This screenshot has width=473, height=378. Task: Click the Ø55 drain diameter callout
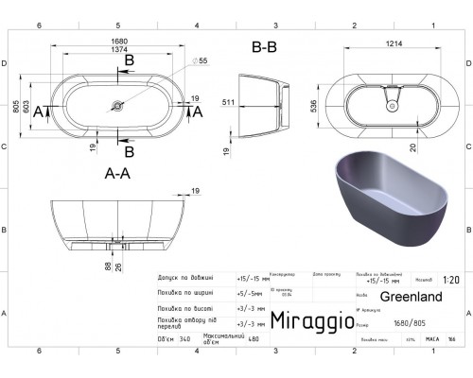point(202,60)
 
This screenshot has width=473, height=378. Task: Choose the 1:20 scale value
point(451,281)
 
